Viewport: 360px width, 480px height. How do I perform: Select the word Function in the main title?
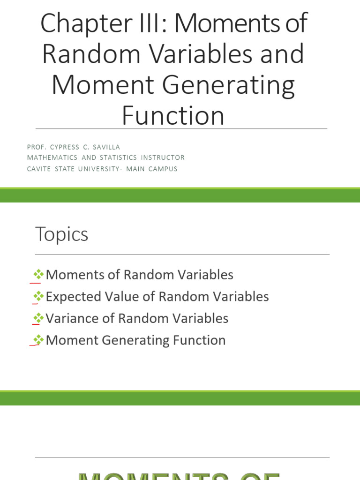[173, 116]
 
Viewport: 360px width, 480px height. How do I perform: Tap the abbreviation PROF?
[36, 147]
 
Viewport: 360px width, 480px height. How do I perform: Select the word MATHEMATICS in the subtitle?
[52, 158]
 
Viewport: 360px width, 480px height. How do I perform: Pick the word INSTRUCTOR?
[163, 158]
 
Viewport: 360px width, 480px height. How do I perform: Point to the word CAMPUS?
[163, 169]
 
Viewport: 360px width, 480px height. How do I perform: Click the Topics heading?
[61, 234]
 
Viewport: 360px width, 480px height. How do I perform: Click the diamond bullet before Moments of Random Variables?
[38, 275]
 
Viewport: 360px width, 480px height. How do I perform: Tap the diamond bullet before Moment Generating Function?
[38, 340]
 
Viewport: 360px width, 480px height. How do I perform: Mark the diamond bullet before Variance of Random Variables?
[38, 319]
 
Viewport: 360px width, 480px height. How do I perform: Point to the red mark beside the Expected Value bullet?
[34, 303]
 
